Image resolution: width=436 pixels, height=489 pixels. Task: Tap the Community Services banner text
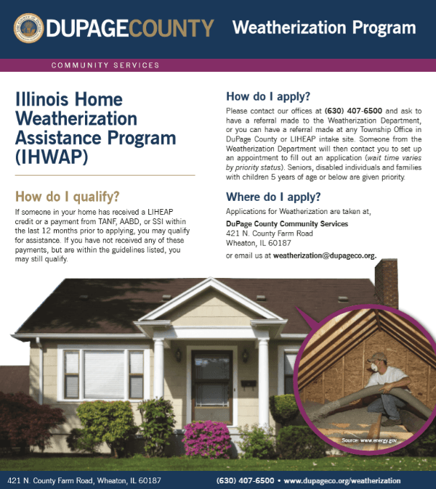click(105, 65)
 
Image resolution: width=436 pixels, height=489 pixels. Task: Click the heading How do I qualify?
click(68, 197)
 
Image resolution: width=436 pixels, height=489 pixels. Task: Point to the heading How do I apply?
click(268, 96)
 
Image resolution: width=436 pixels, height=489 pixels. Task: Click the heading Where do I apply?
click(273, 197)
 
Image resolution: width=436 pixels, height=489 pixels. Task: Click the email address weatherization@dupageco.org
click(324, 256)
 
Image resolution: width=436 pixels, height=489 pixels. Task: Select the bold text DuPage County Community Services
click(287, 223)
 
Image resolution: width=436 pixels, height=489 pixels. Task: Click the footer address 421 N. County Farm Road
click(84, 480)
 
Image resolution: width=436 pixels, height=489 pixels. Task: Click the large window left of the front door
click(103, 374)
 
